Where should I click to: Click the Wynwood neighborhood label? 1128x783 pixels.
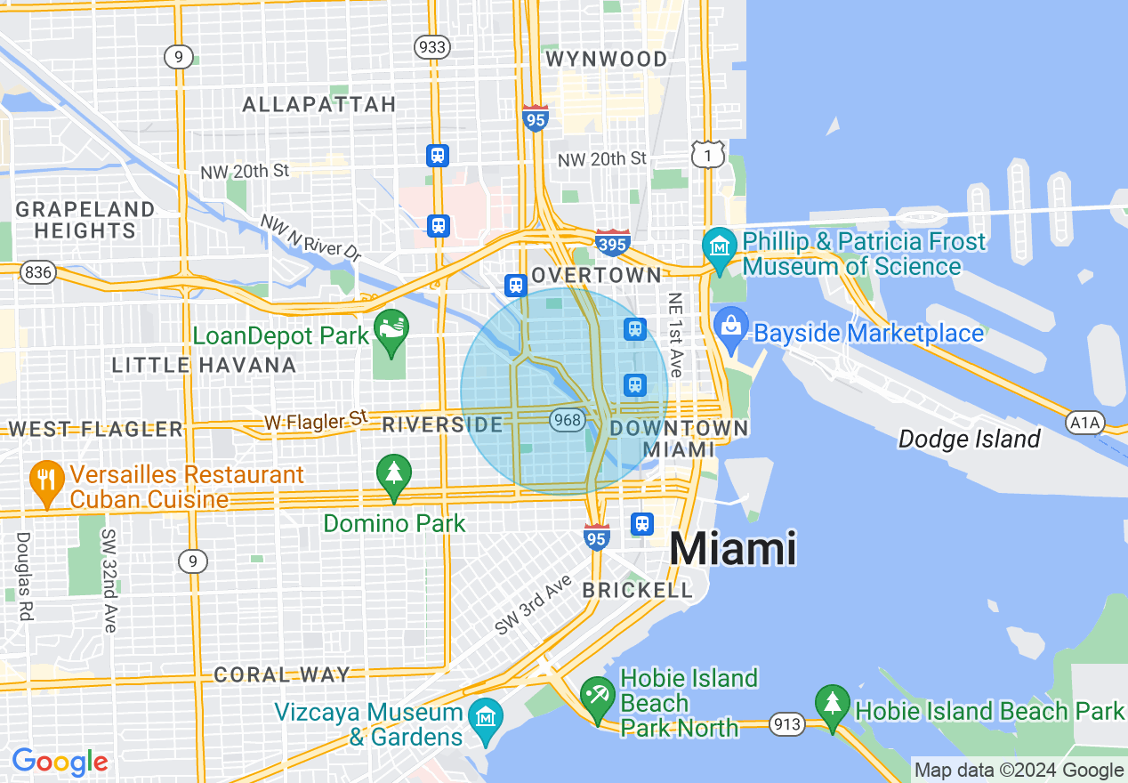coord(606,60)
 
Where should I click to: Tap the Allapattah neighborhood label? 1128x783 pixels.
coord(319,104)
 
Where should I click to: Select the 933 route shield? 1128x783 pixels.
coord(432,47)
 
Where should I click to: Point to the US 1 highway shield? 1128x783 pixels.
coord(707,155)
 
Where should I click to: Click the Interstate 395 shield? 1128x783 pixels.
coord(613,242)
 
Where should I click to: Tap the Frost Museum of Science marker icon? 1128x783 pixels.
coord(718,244)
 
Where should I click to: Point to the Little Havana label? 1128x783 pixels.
coord(205,365)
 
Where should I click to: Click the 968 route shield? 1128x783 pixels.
coord(567,419)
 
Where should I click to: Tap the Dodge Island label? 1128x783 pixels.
coord(969,439)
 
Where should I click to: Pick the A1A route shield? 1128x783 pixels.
coord(1084,423)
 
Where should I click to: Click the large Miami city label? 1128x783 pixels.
coord(732,548)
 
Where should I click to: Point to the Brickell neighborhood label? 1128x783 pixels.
coord(637,590)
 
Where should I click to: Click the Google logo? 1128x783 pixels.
coord(60,762)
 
